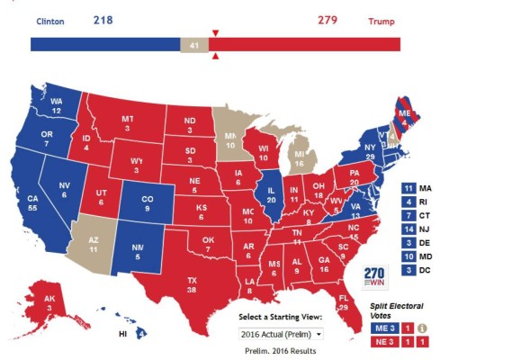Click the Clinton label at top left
[50, 20]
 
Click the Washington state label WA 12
[55, 105]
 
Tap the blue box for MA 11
[409, 188]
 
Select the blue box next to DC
[409, 269]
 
